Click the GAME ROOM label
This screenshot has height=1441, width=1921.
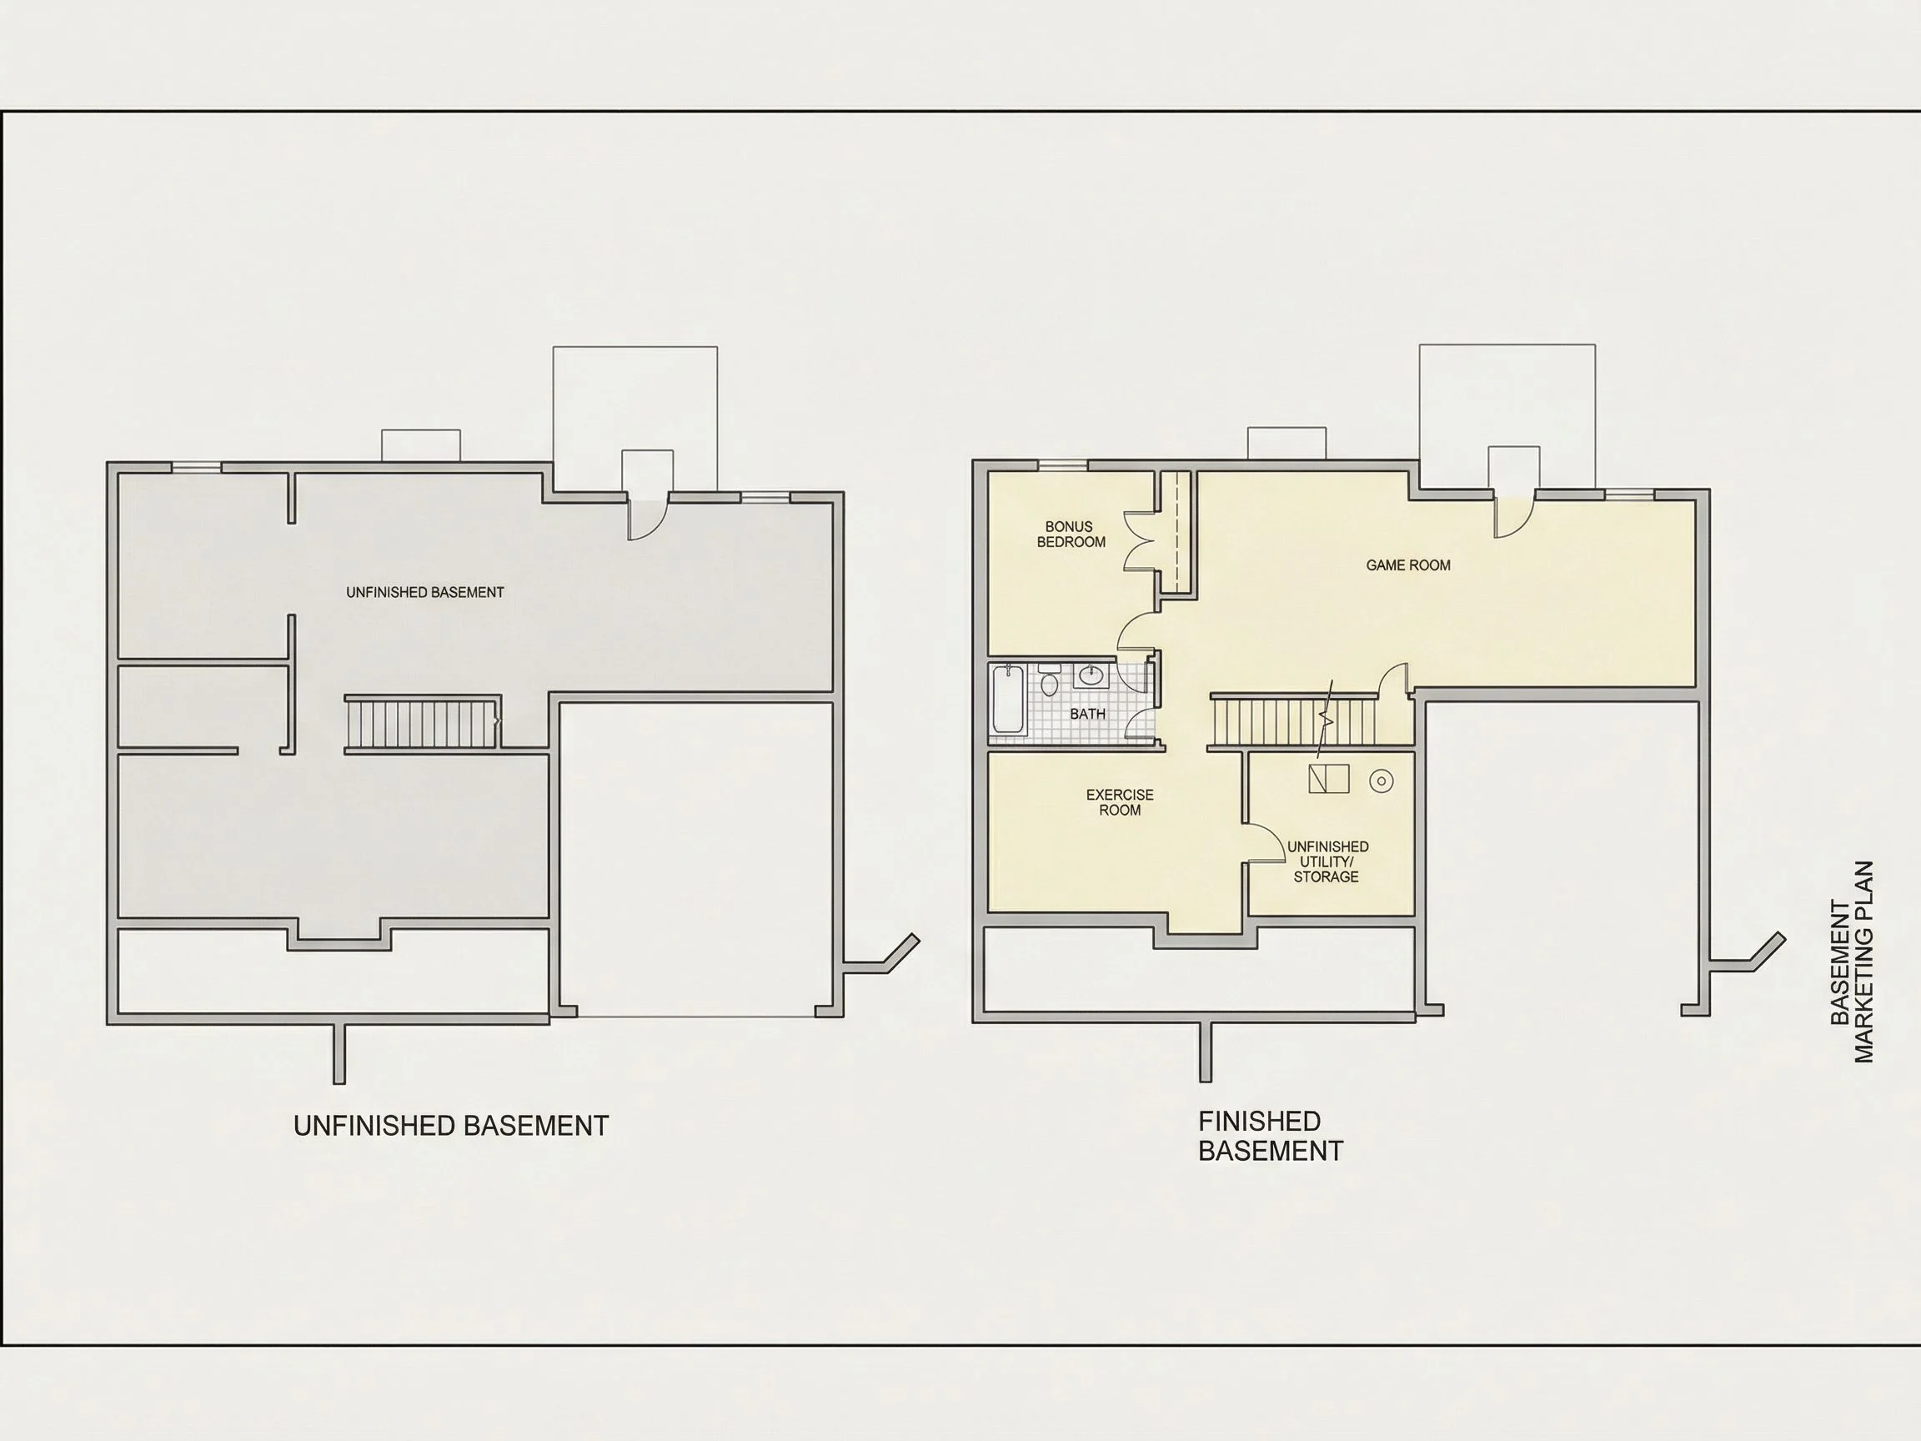click(1407, 565)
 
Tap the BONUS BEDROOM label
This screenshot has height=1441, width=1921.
click(1071, 535)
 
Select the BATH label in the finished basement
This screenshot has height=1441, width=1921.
click(1087, 714)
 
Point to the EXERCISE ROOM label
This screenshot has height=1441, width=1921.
click(1120, 802)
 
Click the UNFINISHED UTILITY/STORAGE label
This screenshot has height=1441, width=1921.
click(1327, 861)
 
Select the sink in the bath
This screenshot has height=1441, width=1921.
click(1091, 676)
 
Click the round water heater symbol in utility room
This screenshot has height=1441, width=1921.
click(1381, 781)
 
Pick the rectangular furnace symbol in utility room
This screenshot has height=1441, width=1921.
click(1329, 779)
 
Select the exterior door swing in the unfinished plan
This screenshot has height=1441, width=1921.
click(646, 520)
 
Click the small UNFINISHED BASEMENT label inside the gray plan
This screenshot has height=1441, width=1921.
click(424, 592)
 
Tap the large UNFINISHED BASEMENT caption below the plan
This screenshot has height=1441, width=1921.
click(452, 1126)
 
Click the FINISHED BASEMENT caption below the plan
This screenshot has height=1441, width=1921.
click(1271, 1136)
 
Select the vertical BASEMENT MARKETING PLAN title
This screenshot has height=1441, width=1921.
click(1853, 962)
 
